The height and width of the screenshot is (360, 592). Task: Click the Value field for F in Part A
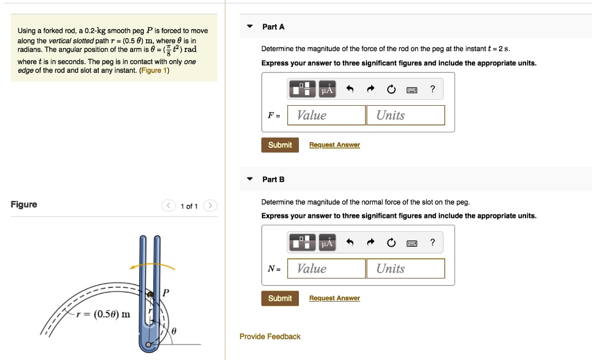(x=326, y=115)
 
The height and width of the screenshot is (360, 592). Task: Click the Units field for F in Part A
(x=405, y=115)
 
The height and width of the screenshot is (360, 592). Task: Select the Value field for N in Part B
(x=326, y=268)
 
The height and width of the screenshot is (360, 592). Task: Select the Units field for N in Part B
(x=405, y=268)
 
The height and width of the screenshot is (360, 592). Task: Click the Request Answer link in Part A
(x=334, y=145)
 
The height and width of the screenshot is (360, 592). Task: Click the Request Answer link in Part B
(x=334, y=298)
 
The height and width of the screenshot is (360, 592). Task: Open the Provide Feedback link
(x=270, y=336)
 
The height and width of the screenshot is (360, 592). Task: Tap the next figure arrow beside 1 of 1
(x=211, y=206)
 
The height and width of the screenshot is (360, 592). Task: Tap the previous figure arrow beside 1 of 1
(x=168, y=206)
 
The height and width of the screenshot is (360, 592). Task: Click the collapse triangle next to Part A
(x=250, y=27)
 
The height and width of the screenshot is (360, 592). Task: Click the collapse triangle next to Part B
(x=250, y=179)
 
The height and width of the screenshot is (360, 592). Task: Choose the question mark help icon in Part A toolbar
(x=432, y=89)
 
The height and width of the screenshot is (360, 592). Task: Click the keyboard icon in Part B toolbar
(x=412, y=243)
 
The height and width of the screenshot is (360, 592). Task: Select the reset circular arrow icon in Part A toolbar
(x=391, y=89)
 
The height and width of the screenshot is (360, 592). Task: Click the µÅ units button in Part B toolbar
(x=327, y=243)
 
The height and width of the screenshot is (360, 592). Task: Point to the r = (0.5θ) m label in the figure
(x=104, y=314)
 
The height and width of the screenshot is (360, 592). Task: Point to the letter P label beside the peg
(x=166, y=292)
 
